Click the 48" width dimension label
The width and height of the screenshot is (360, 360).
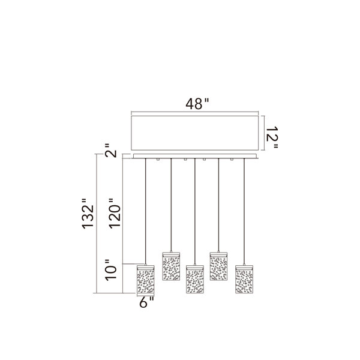point(197,104)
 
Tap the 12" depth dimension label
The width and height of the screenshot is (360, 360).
point(272,137)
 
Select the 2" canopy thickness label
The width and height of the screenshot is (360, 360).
point(110,151)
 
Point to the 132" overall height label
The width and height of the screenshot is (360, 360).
point(88,213)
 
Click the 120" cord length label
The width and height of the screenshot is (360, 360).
point(115,213)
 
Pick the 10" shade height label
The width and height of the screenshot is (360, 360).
point(111,270)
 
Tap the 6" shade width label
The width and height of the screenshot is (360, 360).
point(146,302)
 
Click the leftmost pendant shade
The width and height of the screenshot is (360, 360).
point(146,280)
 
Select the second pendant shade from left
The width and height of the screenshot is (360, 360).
point(171,266)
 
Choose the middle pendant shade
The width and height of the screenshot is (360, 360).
point(194,280)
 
